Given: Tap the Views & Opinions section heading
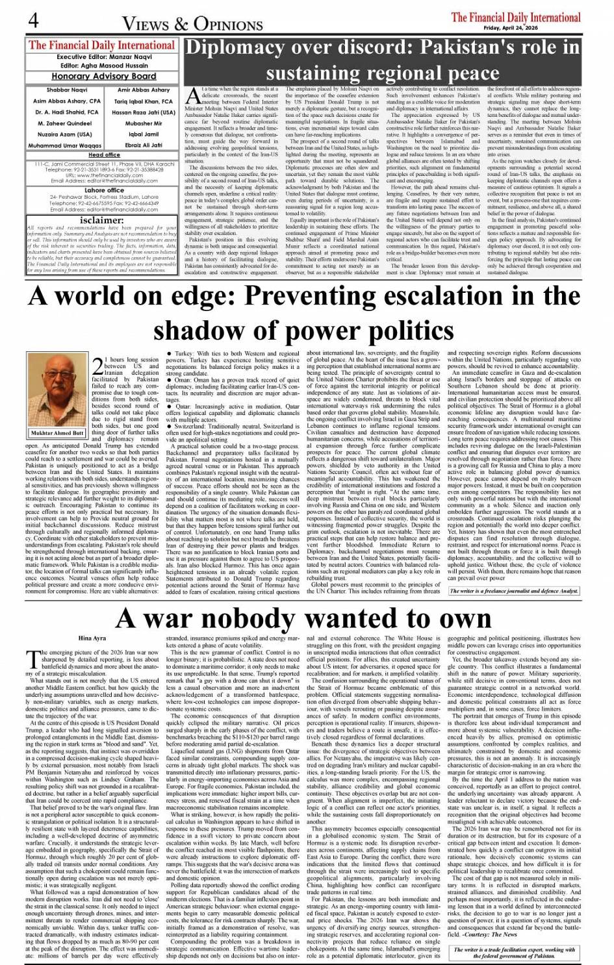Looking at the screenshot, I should [x=185, y=23].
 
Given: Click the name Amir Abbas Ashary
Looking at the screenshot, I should [x=144, y=90].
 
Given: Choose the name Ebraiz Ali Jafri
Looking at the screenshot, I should [x=144, y=145].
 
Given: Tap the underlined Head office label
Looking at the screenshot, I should [x=104, y=155].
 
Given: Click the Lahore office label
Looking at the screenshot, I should [x=104, y=190].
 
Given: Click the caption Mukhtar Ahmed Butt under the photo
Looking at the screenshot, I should [x=57, y=433].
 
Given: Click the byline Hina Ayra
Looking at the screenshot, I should [x=91, y=638].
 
